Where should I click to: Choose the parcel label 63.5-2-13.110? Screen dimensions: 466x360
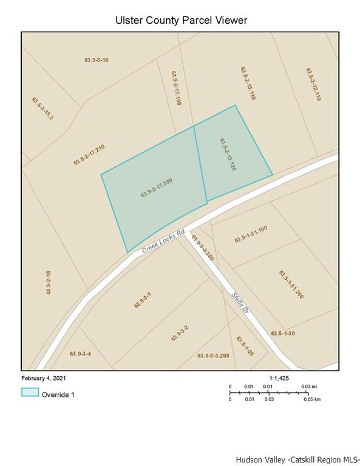(247, 83)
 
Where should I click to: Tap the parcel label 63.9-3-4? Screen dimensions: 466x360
(80, 354)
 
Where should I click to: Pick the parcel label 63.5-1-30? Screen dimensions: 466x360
(282, 334)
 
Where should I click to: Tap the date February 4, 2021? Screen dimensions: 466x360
(45, 377)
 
